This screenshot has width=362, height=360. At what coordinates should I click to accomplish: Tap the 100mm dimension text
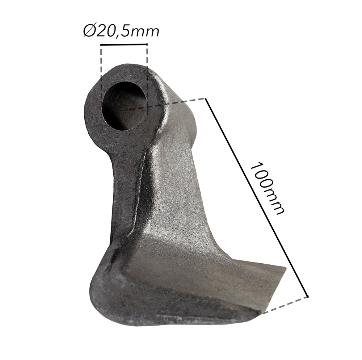click(268, 188)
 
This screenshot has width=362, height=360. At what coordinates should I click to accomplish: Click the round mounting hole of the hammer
click(124, 105)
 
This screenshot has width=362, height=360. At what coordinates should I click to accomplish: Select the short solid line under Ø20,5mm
click(124, 45)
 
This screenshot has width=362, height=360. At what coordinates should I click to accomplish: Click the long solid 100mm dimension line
click(257, 197)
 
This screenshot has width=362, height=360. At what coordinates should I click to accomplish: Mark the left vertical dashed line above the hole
click(102, 72)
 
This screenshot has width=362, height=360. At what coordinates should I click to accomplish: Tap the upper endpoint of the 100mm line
click(206, 98)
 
